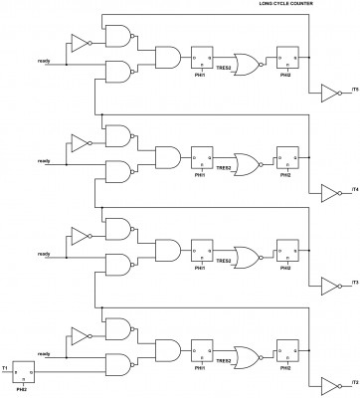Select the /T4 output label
(353, 188)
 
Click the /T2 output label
(353, 381)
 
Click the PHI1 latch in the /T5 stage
(202, 58)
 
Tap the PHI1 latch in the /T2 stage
(202, 347)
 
